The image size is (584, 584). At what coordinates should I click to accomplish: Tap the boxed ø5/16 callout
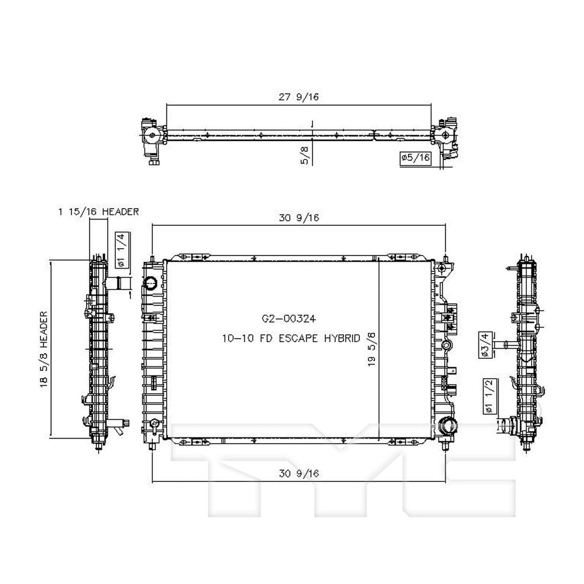point(415,157)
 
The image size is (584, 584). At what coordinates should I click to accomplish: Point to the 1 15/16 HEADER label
point(98,212)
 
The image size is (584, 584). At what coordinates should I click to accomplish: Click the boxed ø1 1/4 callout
point(120,250)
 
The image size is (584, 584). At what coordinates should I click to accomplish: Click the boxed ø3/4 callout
point(485,345)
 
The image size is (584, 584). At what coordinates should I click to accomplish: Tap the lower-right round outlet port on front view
point(448,425)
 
